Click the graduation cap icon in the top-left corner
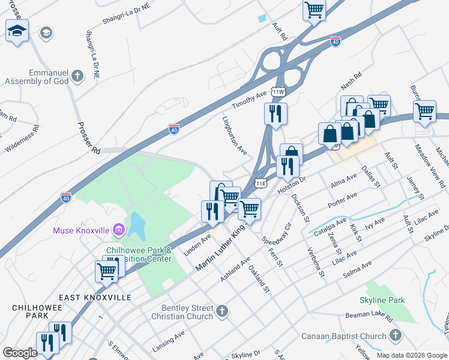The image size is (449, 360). click(17, 31)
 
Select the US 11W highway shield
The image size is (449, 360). click(277, 92)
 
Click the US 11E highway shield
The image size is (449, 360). click(261, 182)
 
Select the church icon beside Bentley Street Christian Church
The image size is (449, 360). click(222, 311)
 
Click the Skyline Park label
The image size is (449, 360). click(382, 300)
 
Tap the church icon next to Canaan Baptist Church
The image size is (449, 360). click(395, 335)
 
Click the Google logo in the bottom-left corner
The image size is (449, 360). click(20, 353)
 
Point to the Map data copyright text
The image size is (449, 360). click(412, 355)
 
